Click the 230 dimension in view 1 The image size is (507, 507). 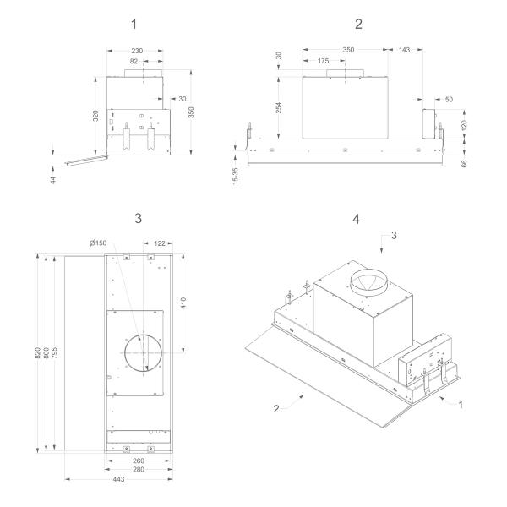(137, 52)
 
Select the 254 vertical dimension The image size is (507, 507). (278, 107)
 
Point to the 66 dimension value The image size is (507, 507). (463, 161)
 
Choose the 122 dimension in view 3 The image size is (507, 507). (158, 243)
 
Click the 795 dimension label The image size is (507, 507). (56, 352)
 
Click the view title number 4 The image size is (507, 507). (356, 218)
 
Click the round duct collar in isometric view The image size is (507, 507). (368, 282)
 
